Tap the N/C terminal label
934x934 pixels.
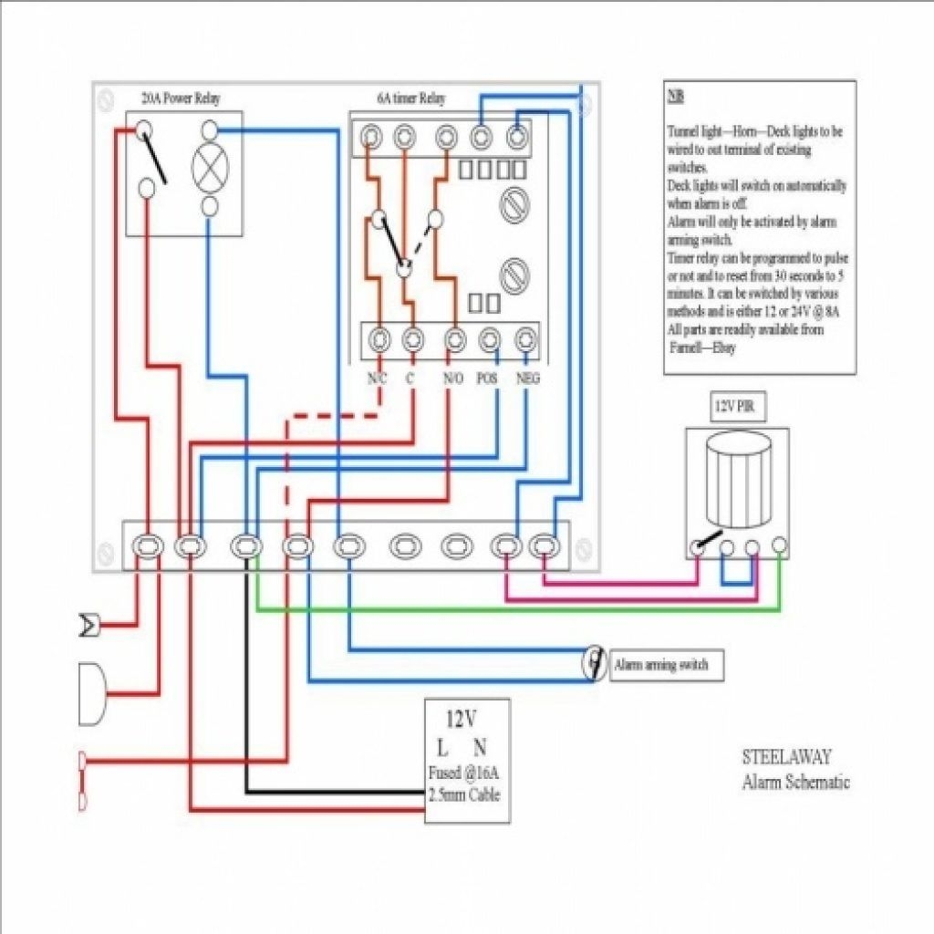tap(375, 378)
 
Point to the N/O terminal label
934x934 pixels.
tap(453, 378)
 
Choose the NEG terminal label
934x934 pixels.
tap(527, 378)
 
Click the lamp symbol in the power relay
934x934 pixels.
tap(209, 167)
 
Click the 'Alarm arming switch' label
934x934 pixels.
tap(661, 665)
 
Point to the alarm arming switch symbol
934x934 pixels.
tap(595, 663)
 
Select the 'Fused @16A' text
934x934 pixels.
tap(464, 773)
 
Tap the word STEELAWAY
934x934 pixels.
tap(786, 757)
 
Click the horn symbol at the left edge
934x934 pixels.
tap(89, 626)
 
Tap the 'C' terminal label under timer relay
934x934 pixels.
tap(410, 378)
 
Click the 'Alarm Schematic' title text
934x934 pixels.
tap(795, 782)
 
